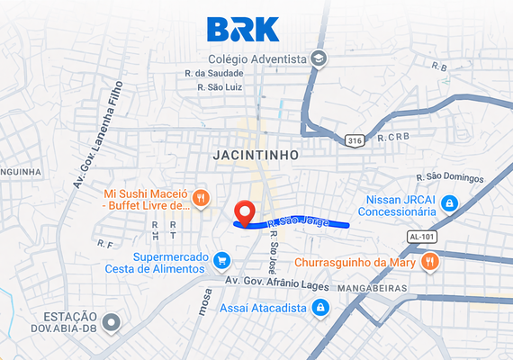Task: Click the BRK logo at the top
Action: (243, 29)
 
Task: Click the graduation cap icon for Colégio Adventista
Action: (319, 58)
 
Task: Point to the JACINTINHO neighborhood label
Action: (256, 155)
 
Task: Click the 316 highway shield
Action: (355, 139)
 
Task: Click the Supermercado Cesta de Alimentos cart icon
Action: (221, 262)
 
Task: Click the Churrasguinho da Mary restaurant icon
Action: (431, 262)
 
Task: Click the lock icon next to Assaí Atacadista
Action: (319, 309)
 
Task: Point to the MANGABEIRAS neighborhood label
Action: (373, 290)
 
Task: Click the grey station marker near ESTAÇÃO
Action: (112, 321)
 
